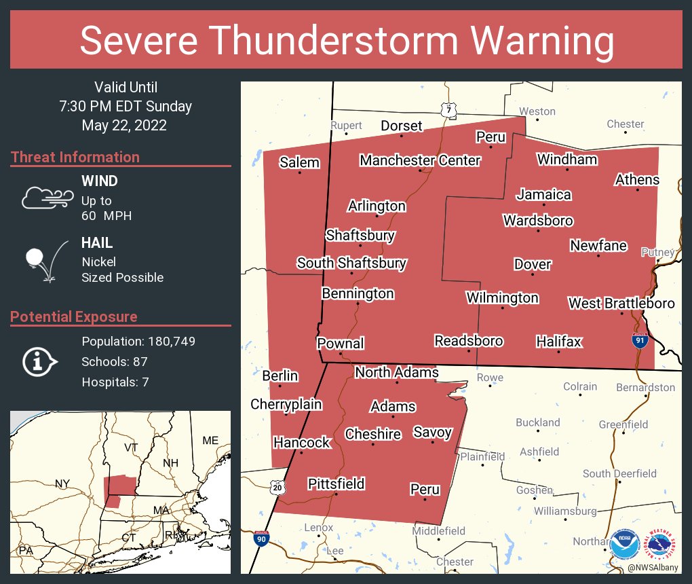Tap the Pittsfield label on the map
coord(337,483)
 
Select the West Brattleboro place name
coord(621,303)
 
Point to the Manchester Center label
coord(420,160)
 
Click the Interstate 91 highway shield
coord(639,341)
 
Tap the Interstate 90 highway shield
coord(261,538)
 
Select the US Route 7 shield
coord(446,110)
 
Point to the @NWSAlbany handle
coord(654,567)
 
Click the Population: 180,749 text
coord(138,342)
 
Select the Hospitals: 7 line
coord(115,382)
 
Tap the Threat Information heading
coord(75,158)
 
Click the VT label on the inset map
coord(131,448)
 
